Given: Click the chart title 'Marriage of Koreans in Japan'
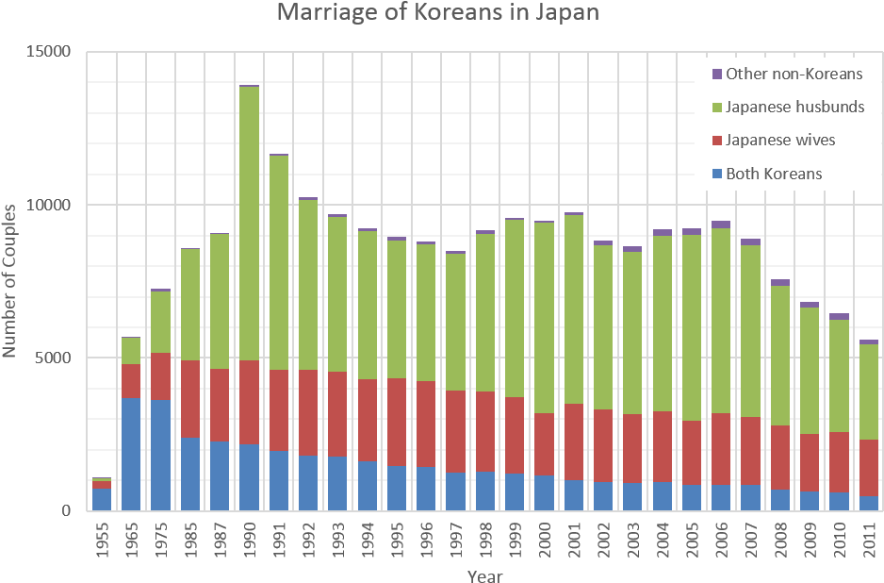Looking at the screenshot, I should (x=437, y=13).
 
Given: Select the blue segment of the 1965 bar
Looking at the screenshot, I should (x=131, y=454).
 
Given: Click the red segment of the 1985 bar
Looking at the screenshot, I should (x=190, y=398).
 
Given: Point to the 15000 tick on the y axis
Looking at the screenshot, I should (x=47, y=52).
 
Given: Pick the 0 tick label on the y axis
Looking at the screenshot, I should (x=67, y=511).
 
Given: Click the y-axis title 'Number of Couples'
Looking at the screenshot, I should (x=10, y=283).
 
